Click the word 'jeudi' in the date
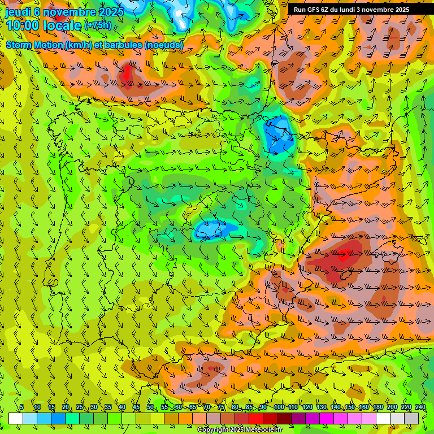point(17,11)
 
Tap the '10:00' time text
point(22,25)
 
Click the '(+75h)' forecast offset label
point(98,25)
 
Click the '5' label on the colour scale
point(21,407)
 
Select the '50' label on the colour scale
point(150,407)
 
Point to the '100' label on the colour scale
point(279,407)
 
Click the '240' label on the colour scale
point(420,407)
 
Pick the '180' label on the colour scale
point(378,407)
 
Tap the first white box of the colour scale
point(16,418)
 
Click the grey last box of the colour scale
point(411,418)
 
